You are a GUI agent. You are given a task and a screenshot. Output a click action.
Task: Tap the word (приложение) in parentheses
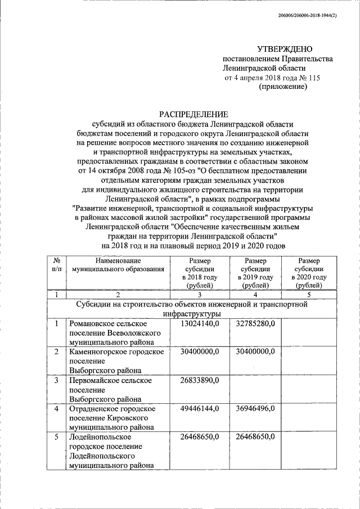282,87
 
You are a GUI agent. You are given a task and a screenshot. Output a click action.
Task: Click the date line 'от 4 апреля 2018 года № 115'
272,78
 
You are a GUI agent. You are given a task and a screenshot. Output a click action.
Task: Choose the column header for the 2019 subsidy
255,273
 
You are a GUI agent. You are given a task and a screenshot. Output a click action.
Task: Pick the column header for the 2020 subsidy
310,273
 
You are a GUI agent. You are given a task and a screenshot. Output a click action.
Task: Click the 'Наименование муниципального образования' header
118,265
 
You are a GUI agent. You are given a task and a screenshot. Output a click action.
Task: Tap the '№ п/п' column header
56,265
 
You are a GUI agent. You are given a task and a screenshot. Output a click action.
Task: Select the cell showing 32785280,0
255,324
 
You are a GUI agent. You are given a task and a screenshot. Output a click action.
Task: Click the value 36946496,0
255,409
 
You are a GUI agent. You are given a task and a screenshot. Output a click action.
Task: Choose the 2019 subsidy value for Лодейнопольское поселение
255,437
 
